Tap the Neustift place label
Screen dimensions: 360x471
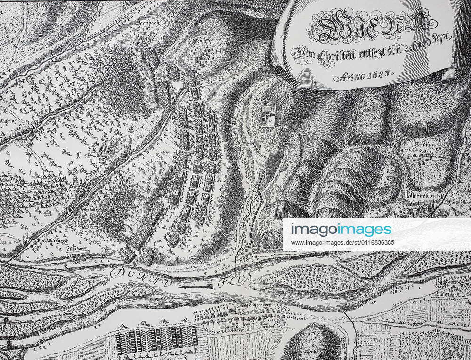coord(203,42)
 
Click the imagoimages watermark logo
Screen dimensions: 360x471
coord(341,229)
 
